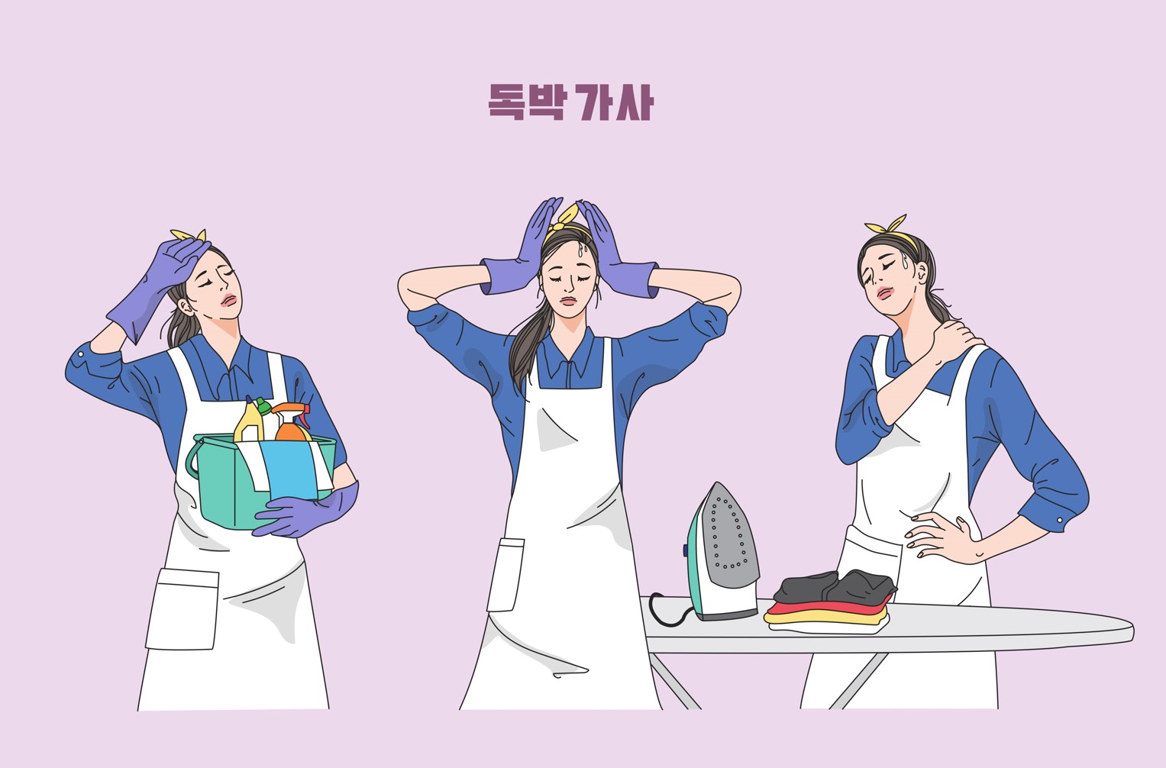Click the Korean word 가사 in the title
click(615, 102)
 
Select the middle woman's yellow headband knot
click(566, 218)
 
